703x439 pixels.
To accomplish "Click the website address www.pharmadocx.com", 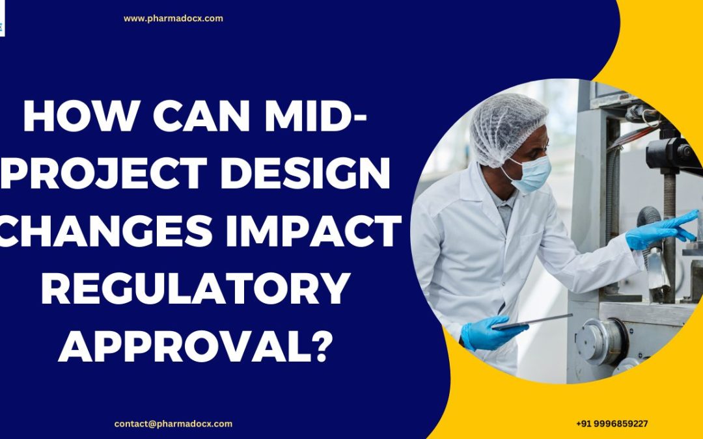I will click(173, 18).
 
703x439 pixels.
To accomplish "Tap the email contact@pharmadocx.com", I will click(173, 423).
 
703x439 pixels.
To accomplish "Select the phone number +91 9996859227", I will click(612, 423).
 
